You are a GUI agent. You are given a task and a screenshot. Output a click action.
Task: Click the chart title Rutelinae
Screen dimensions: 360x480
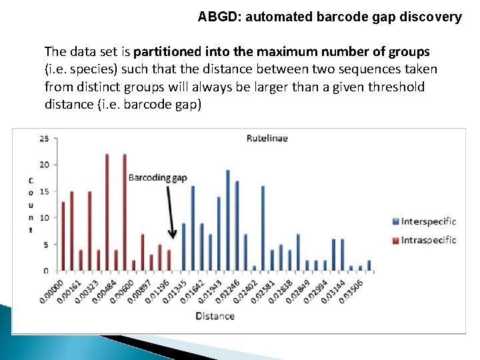pyautogui.click(x=267, y=139)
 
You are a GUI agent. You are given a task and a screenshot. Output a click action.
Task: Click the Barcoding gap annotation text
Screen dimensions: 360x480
pyautogui.click(x=157, y=177)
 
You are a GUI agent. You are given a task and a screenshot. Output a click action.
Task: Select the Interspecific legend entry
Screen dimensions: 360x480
pyautogui.click(x=428, y=221)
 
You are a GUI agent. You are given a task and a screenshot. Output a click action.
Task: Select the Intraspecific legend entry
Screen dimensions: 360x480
pyautogui.click(x=428, y=240)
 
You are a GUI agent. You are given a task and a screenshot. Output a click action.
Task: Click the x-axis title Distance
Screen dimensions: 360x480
pyautogui.click(x=215, y=316)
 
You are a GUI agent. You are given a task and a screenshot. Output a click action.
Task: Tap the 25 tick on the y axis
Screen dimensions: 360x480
pyautogui.click(x=44, y=139)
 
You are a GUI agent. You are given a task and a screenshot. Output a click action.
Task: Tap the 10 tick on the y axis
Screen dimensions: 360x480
pyautogui.click(x=44, y=218)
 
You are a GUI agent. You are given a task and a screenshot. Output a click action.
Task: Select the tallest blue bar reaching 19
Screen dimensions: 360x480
pyautogui.click(x=228, y=220)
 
